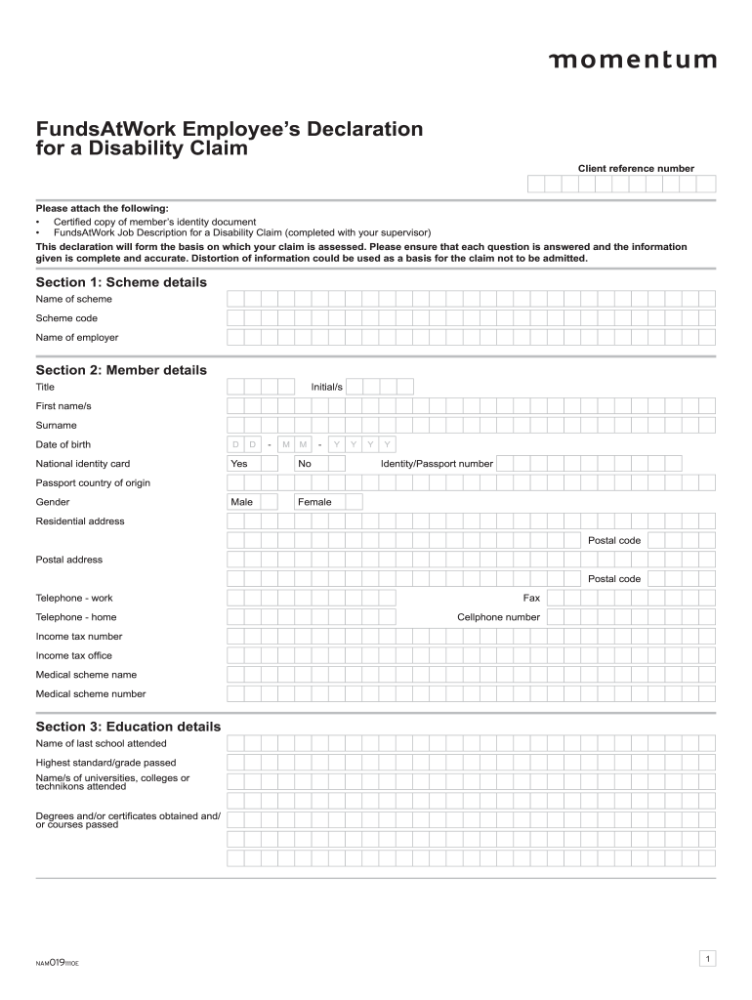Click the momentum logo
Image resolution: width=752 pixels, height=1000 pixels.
point(632,61)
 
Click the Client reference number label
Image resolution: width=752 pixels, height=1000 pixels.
point(636,169)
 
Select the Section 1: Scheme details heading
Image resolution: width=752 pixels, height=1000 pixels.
point(121,282)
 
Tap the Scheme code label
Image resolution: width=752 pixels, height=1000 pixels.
point(66,318)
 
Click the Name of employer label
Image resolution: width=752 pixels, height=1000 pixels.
point(77,338)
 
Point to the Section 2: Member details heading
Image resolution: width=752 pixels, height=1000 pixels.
point(121,370)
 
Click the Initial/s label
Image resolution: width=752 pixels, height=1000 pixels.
point(326,387)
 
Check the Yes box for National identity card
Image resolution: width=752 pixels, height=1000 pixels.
point(251,464)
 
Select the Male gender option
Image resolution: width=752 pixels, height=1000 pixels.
point(251,502)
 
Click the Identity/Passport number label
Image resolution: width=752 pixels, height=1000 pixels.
point(437,464)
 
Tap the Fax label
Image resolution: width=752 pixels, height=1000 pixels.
point(531,598)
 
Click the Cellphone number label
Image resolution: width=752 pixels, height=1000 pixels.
point(498,617)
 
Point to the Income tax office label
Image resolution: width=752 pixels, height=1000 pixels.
point(73,655)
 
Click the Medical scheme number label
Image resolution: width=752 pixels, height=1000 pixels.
point(91,694)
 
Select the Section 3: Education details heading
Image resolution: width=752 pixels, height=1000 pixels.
point(128,727)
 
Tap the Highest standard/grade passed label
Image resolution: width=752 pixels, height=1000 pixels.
point(105,763)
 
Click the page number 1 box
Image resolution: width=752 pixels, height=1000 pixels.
point(707,959)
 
